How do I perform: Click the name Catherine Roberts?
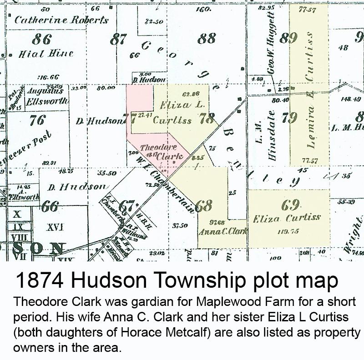[x=61, y=20]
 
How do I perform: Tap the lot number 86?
[x=41, y=39]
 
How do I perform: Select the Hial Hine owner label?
[x=45, y=54]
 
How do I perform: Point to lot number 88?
[x=207, y=39]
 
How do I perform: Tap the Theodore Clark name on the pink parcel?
[x=162, y=152]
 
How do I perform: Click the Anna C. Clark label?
[x=222, y=231]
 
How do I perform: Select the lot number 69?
[x=290, y=205]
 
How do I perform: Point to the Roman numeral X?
[x=18, y=214]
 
